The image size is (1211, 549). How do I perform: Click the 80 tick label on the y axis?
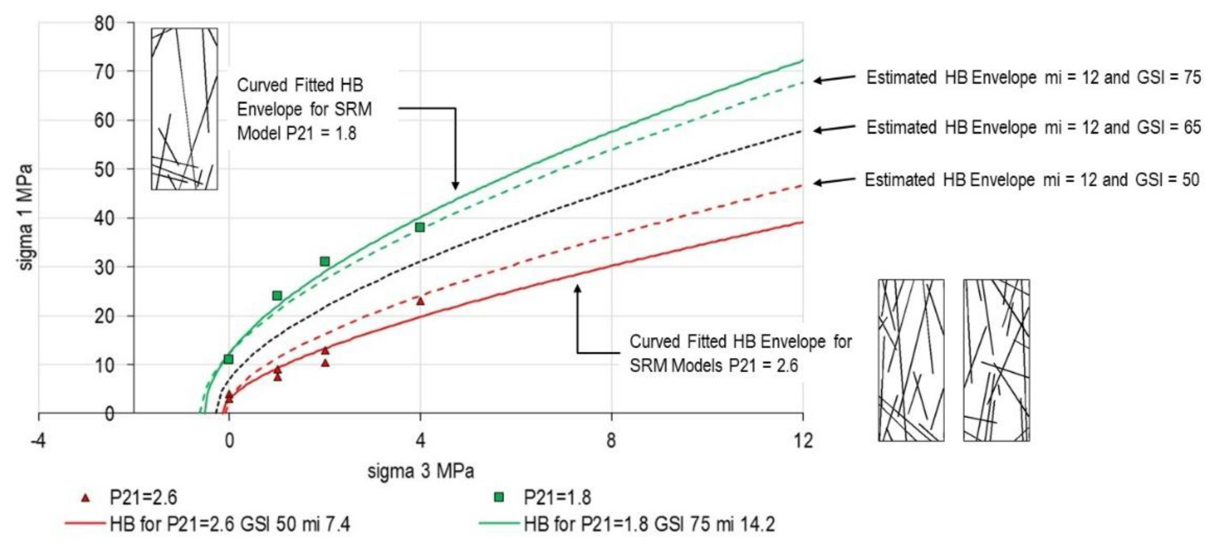[x=104, y=23]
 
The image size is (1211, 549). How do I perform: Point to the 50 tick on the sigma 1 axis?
[x=104, y=169]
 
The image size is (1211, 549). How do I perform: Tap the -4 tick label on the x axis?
[x=38, y=441]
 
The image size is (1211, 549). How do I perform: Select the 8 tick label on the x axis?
[x=611, y=441]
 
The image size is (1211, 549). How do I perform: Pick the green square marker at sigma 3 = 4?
[x=420, y=227]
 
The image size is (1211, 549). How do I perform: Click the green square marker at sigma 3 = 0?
[x=228, y=359]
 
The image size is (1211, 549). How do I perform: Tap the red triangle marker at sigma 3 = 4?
[x=420, y=301]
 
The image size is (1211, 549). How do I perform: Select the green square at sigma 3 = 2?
[x=324, y=261]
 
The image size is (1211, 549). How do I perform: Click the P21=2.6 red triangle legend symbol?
[x=85, y=498]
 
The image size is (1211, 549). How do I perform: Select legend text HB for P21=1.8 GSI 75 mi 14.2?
[x=649, y=524]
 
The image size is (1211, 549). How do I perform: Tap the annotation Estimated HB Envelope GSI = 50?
[x=1032, y=180]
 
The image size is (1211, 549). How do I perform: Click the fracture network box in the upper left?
[x=184, y=109]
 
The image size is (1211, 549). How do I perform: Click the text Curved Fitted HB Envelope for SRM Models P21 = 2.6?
[x=740, y=353]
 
